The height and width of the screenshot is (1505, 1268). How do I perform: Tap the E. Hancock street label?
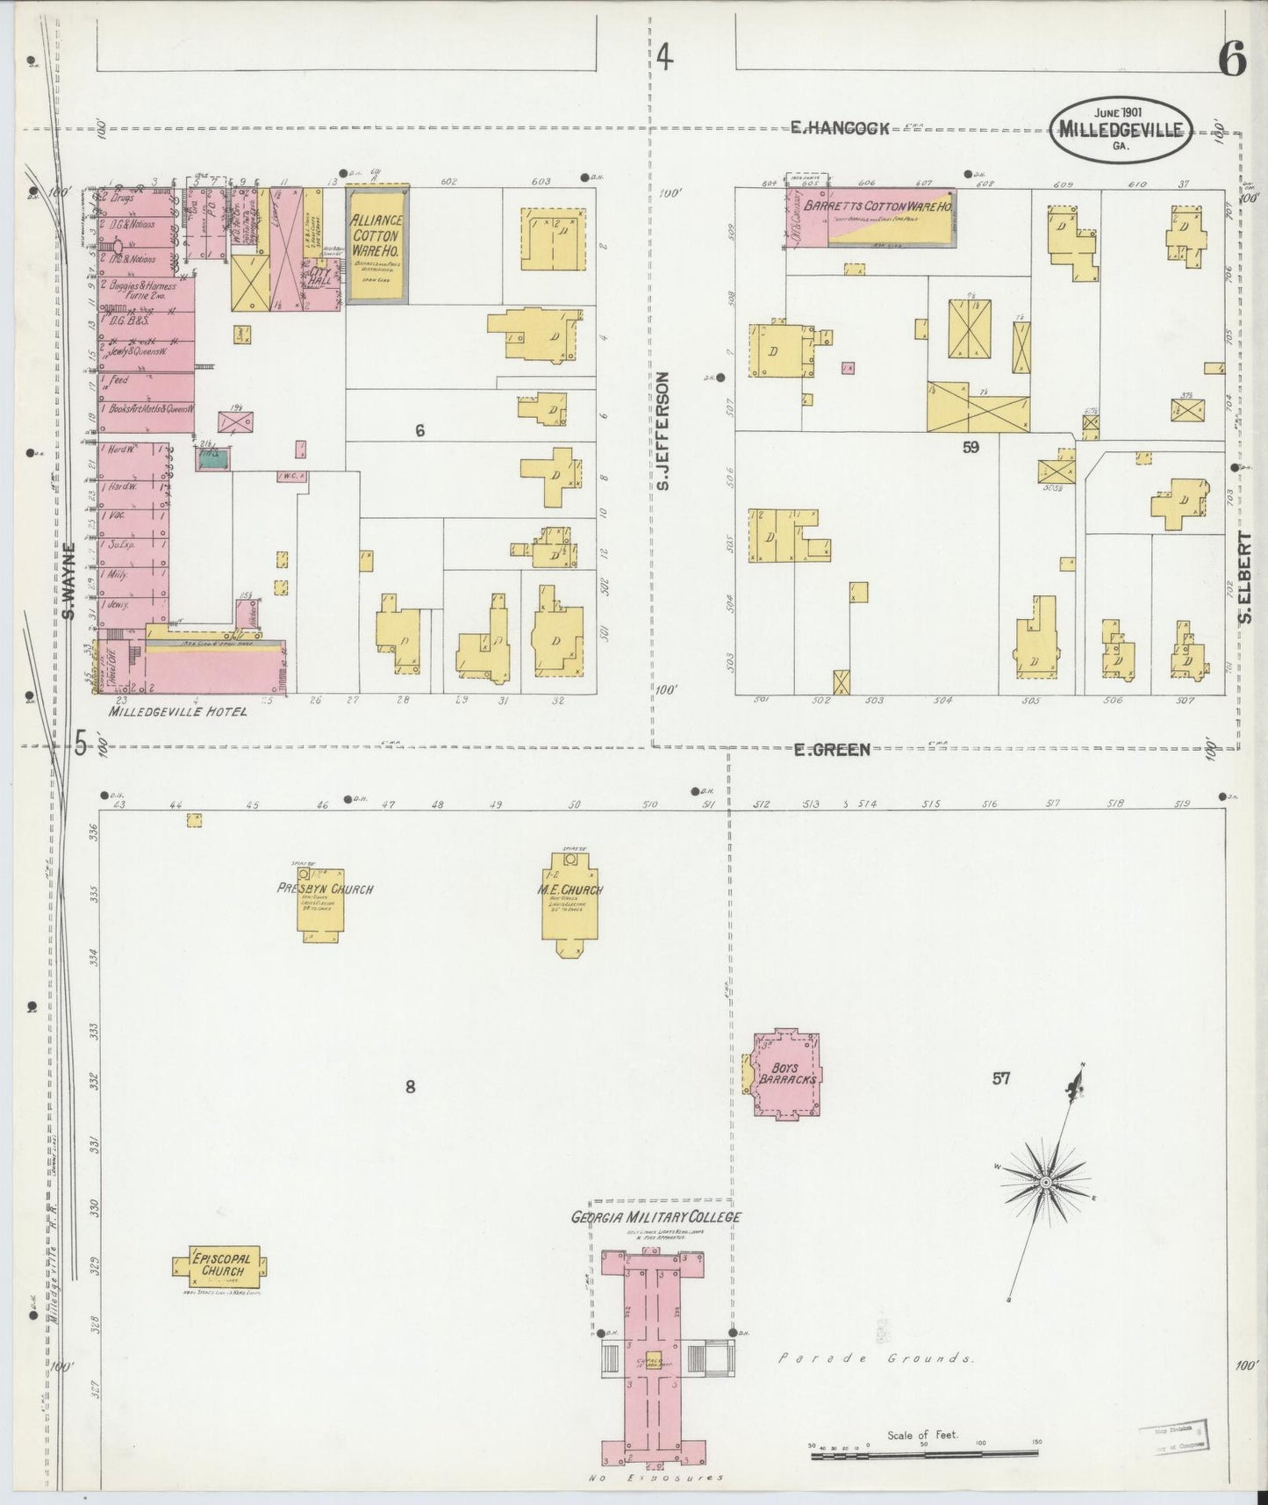[840, 128]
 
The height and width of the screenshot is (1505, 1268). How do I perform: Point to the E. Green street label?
[832, 749]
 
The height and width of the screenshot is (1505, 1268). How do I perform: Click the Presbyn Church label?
[326, 889]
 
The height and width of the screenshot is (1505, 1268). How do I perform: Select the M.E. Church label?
[571, 889]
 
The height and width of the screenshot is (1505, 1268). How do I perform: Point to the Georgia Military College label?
[655, 1217]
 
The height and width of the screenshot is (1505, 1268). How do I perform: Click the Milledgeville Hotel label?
[177, 712]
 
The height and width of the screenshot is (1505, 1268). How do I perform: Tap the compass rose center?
[1045, 1184]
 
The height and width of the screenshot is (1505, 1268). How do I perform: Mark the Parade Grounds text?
[877, 1383]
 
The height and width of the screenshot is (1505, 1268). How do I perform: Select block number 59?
[971, 447]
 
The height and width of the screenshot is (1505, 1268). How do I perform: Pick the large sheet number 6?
[1232, 61]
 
